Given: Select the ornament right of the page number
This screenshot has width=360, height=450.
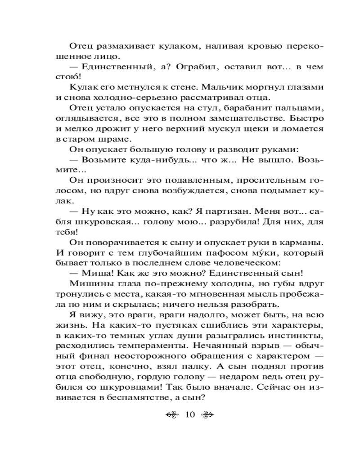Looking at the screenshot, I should pos(209,414).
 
